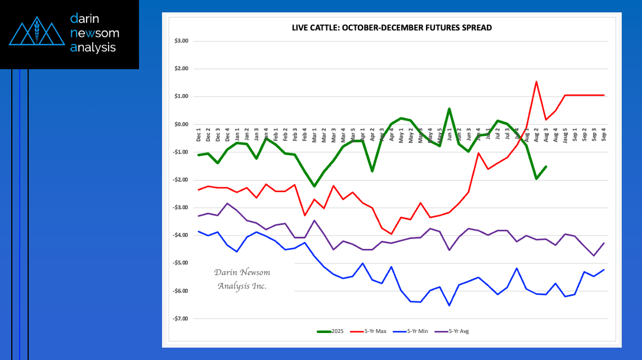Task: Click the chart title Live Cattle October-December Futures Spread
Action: pos(392,28)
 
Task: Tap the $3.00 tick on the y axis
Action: pos(181,41)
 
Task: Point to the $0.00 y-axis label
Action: pos(181,124)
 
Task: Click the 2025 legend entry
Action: pos(330,331)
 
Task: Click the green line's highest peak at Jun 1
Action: pos(449,109)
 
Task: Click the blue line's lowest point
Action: pos(449,305)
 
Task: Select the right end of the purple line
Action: pos(604,243)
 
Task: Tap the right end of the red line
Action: pos(604,95)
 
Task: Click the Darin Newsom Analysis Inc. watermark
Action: pos(242,279)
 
